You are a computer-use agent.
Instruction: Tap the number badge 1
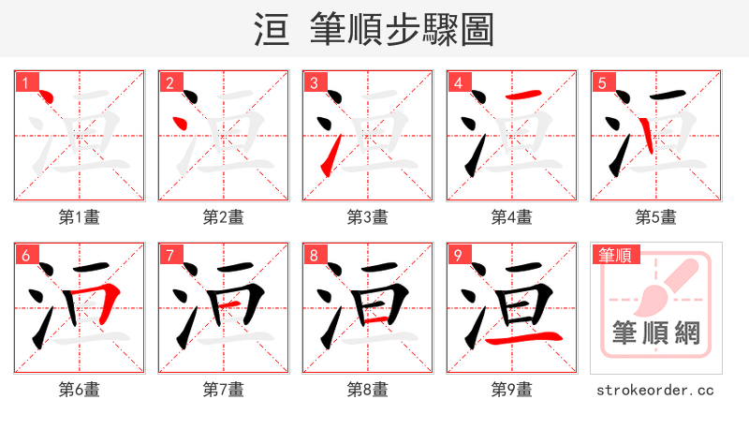[25, 82]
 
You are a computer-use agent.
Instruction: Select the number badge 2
[169, 82]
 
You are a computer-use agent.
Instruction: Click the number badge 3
[314, 82]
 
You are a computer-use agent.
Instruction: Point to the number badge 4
[458, 82]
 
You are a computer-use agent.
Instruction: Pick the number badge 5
[602, 82]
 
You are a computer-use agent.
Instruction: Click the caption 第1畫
[79, 216]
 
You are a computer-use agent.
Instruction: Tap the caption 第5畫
[655, 216]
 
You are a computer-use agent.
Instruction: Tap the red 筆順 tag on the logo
[613, 255]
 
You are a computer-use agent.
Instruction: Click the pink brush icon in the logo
[664, 285]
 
